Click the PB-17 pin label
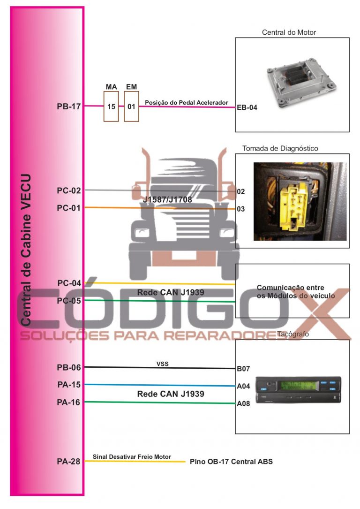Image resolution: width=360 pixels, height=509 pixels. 69,106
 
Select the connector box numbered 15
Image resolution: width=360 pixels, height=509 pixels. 111,106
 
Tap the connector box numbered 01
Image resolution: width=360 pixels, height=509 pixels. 131,106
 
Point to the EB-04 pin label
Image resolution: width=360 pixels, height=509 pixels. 247,107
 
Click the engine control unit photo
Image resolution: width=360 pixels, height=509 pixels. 300,83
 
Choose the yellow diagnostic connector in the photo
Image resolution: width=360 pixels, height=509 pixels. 294,204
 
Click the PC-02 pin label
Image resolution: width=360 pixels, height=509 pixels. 69,190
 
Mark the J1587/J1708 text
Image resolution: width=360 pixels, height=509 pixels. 167,200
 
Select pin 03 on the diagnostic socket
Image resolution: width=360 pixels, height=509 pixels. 240,209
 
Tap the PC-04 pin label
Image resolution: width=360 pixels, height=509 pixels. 69,283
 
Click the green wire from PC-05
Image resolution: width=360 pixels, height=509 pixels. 159,301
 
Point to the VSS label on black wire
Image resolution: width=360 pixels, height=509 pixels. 163,364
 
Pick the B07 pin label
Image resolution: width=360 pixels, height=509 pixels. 243,369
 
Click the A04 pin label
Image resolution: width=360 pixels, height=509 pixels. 243,386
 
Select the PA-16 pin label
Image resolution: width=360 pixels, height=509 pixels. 68,403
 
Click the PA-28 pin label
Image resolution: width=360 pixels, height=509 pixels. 68,462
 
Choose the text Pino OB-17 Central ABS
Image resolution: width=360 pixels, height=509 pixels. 231,462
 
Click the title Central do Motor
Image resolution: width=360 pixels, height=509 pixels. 289,32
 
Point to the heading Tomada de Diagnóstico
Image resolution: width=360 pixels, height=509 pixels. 280,149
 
